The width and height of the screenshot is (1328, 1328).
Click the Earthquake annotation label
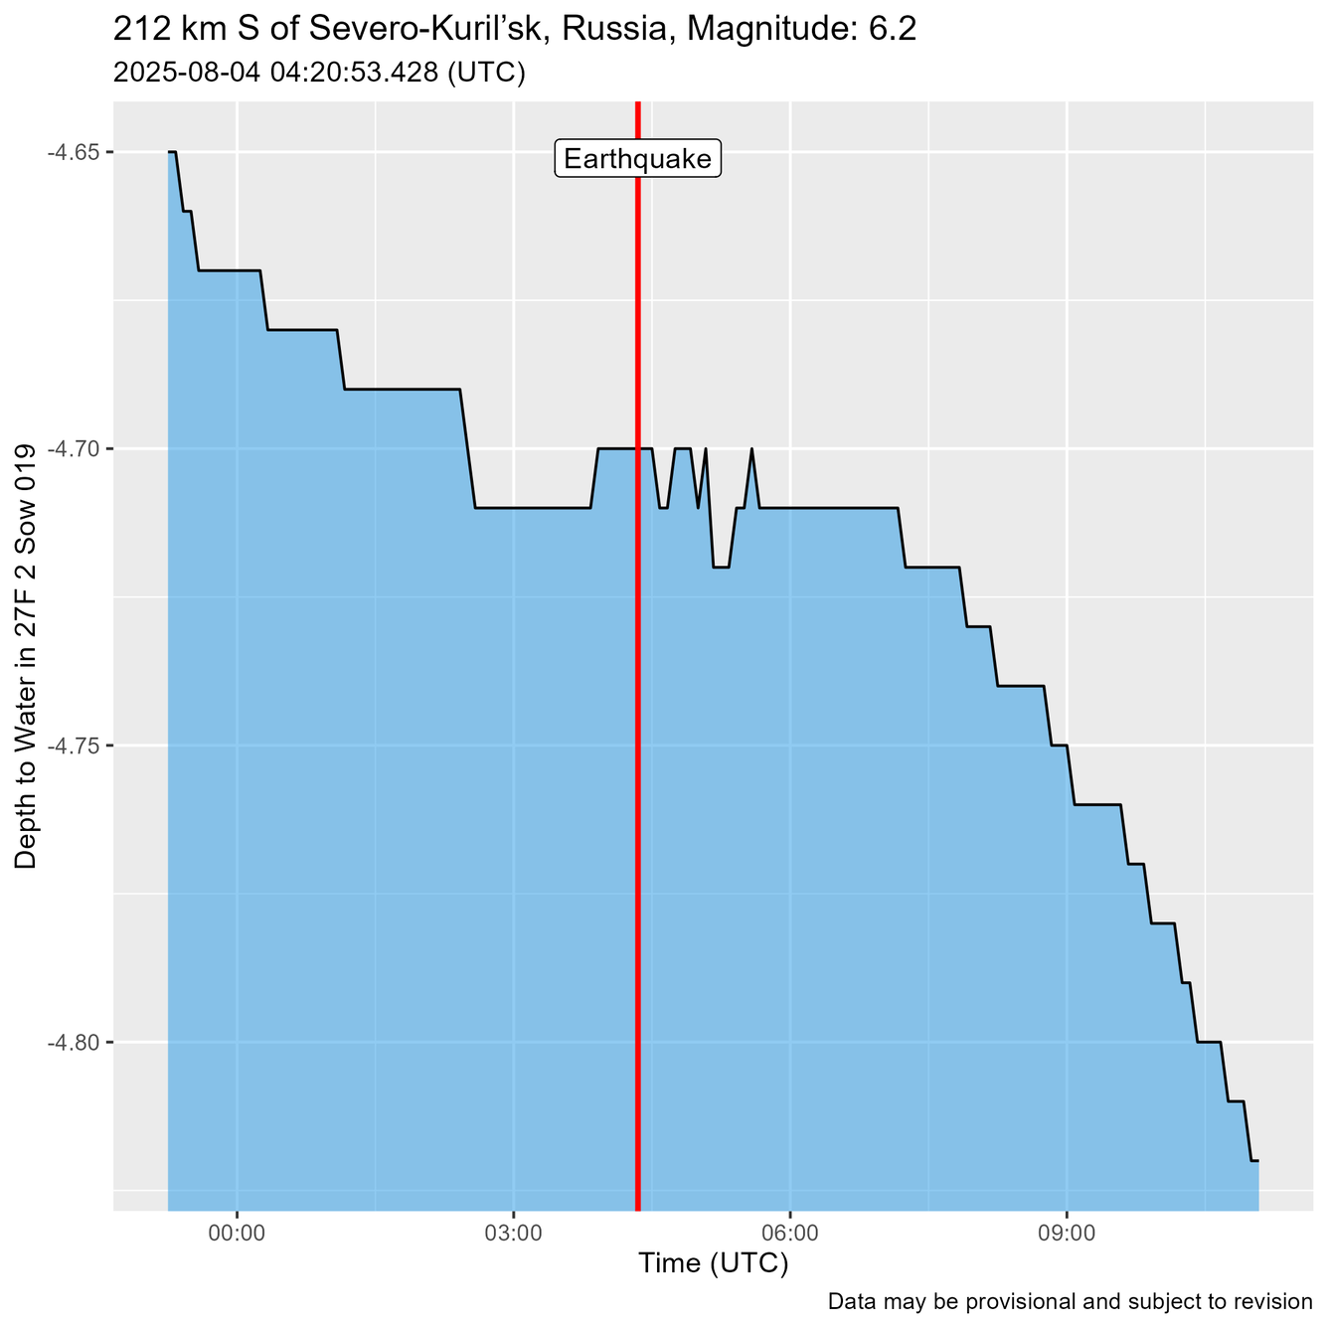637,159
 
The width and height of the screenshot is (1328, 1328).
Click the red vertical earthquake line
637,696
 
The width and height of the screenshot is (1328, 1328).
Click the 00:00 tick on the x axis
237,1233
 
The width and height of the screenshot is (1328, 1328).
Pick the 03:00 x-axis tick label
513,1233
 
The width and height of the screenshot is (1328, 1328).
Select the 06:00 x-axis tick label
789,1233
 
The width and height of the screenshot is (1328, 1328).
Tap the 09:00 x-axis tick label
1066,1233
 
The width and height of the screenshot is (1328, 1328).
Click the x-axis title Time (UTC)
713,1263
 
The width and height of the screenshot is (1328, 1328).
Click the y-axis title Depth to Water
27,656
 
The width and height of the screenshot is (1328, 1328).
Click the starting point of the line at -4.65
170,152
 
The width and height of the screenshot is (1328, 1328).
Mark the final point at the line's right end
1257,1160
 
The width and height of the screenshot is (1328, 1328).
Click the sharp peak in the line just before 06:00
751,449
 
